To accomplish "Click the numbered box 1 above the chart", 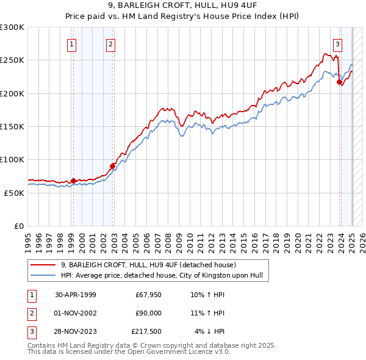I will point(73,43).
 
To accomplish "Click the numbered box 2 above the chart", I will point(110,43).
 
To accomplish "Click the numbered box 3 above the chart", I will point(337,43).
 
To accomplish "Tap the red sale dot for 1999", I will point(73,181).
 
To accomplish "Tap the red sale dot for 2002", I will point(113,166).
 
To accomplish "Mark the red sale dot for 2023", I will point(339,82).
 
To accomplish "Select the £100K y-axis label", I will point(12,159).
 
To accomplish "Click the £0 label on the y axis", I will point(18,226).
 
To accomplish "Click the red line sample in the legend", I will point(44,265).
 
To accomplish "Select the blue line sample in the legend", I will point(44,275).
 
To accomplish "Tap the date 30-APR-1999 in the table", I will point(76,294).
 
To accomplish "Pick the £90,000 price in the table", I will point(148,313).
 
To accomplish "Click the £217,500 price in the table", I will point(146,331).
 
